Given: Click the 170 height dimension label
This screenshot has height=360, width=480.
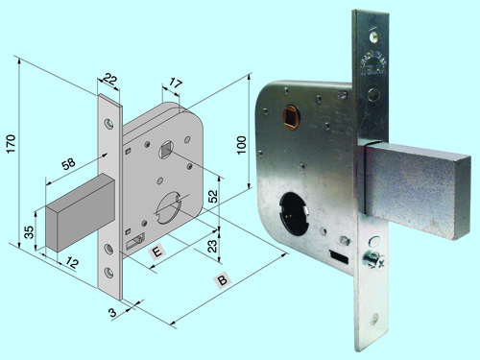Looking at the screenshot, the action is click(11, 144).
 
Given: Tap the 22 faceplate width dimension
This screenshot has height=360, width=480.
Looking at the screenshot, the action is click(109, 80).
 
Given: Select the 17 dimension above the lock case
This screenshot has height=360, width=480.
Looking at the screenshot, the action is click(176, 84).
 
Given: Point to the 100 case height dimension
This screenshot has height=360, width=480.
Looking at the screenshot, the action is click(242, 145).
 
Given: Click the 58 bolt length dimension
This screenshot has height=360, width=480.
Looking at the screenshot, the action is click(68, 164).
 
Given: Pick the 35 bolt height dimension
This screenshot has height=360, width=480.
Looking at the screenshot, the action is click(29, 232).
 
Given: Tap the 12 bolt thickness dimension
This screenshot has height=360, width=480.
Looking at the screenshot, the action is click(72, 263).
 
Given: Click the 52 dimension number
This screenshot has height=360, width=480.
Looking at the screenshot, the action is click(213, 196).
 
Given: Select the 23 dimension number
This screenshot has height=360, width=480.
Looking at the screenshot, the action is click(212, 246).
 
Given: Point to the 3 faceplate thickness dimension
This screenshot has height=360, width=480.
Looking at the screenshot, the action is click(112, 312).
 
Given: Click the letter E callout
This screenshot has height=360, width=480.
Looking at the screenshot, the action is click(157, 252).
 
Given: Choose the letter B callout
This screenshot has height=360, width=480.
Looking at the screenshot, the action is click(222, 280).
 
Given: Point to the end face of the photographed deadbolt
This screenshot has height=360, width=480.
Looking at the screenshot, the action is click(463, 198).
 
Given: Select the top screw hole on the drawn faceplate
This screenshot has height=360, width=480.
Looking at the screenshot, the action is click(109, 124).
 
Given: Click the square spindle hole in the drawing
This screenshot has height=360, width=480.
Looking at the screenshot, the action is click(166, 149).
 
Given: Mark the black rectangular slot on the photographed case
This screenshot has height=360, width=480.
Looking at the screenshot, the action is click(339, 257).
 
